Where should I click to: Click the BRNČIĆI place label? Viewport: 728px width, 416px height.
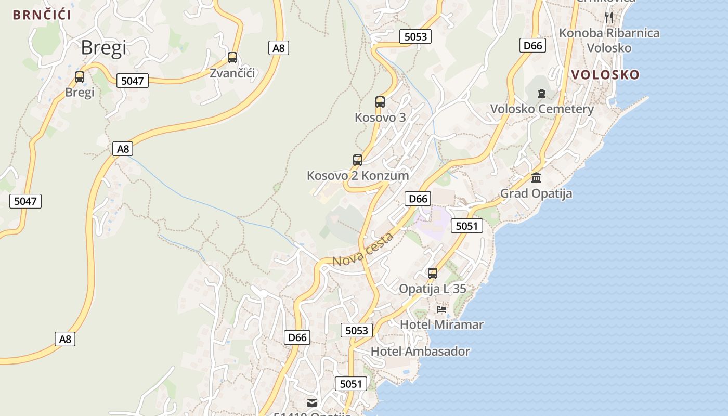coord(42,15)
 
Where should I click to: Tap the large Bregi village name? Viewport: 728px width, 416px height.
coord(103,48)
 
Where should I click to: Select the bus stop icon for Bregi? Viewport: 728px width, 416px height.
coord(80,77)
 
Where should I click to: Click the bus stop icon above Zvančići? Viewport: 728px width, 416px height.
coord(232,58)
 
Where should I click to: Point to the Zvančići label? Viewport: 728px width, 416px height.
coord(232,73)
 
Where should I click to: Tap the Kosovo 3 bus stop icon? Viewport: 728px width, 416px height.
coord(380,102)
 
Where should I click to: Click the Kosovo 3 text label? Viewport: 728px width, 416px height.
coord(380,118)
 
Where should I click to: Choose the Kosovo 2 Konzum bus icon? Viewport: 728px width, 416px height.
coord(358,160)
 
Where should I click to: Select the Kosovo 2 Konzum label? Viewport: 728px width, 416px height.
coord(358,176)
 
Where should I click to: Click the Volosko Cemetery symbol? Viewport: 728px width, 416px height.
coord(542,94)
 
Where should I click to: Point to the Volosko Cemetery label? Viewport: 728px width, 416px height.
coord(542,109)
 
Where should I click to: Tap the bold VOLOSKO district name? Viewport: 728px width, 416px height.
coord(605,75)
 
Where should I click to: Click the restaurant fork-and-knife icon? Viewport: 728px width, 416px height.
coord(609,17)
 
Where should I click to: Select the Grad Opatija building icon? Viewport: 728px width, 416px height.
coord(536,178)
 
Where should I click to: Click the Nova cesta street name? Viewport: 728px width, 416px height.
coord(363,250)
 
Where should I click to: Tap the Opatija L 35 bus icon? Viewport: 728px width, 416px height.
coord(433,273)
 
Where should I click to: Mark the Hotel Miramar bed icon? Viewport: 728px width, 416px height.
coord(441,309)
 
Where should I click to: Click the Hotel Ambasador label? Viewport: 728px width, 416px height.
coord(420,352)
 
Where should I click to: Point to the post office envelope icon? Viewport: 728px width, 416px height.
coord(312,402)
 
